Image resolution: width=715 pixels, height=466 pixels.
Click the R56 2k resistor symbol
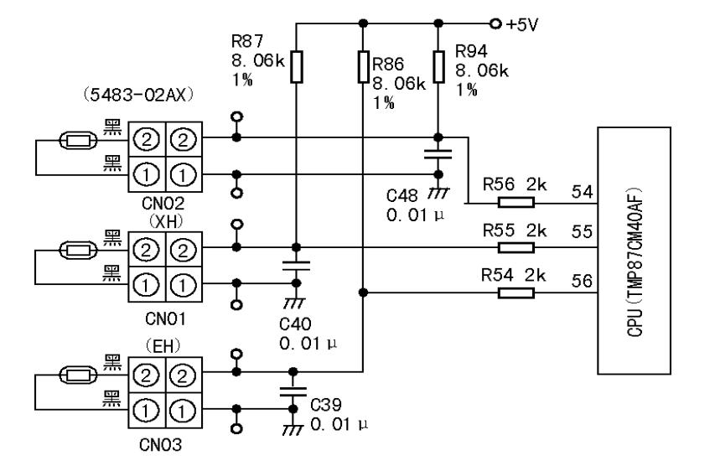click(515, 203)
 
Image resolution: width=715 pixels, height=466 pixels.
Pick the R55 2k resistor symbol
click(515, 247)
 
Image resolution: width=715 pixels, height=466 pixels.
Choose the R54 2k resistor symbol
click(515, 293)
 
